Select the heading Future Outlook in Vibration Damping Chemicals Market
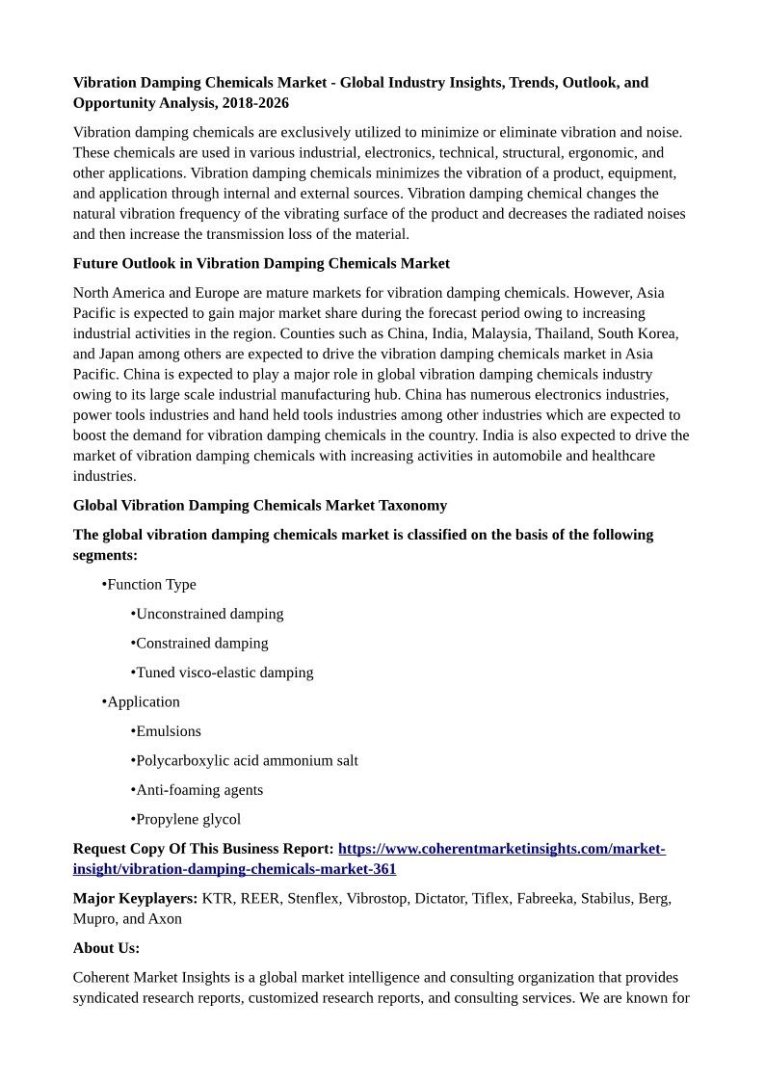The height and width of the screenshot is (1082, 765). pyautogui.click(x=261, y=263)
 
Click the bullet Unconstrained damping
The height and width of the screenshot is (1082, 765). pyautogui.click(x=209, y=614)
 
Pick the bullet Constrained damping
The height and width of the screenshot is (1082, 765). pyautogui.click(x=201, y=643)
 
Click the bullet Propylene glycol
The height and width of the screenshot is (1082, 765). pyautogui.click(x=188, y=819)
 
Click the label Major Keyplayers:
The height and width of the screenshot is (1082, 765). pyautogui.click(x=136, y=898)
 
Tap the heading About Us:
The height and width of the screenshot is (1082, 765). pyautogui.click(x=106, y=947)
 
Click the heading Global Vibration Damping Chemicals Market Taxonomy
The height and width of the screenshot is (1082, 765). pyautogui.click(x=260, y=505)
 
